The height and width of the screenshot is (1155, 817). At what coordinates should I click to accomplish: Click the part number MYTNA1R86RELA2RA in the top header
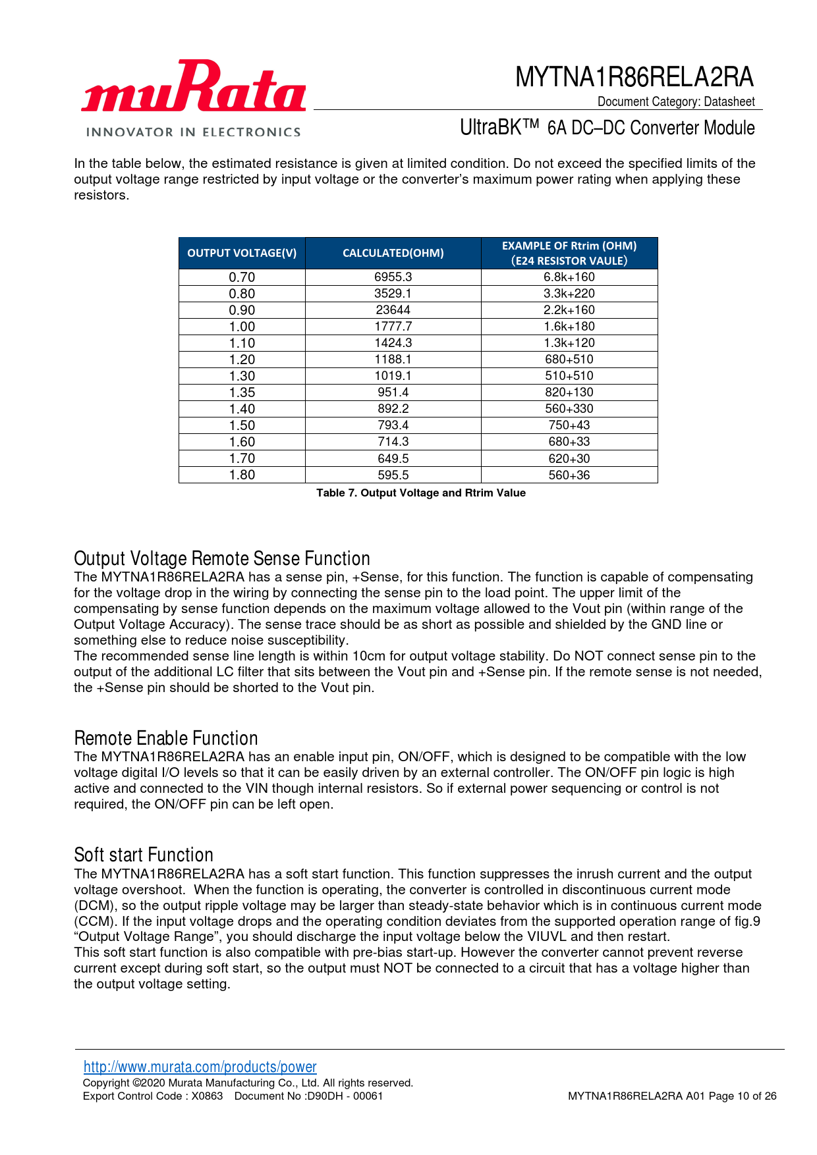click(x=634, y=77)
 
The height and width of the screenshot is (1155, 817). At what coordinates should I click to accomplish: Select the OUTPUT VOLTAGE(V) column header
click(x=242, y=254)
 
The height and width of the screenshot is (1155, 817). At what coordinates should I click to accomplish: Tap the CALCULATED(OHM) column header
click(x=393, y=254)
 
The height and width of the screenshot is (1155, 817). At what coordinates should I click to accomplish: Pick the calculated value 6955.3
click(x=393, y=277)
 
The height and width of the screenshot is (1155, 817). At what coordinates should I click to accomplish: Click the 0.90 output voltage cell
click(x=242, y=310)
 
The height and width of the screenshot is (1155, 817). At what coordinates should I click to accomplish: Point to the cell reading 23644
click(x=393, y=310)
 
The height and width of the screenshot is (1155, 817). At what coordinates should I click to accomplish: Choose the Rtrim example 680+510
click(x=569, y=360)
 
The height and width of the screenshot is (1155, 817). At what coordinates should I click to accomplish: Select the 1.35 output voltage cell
click(x=242, y=392)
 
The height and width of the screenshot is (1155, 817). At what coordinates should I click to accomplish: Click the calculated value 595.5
click(x=393, y=475)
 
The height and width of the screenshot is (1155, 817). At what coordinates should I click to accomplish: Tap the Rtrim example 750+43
click(x=569, y=425)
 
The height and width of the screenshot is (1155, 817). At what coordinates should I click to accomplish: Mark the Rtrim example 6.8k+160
click(x=569, y=277)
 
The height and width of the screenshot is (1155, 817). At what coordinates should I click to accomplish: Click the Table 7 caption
click(x=421, y=493)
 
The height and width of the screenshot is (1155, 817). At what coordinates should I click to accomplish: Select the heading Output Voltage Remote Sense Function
click(x=222, y=558)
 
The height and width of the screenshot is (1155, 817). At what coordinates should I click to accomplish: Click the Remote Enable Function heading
click(x=166, y=738)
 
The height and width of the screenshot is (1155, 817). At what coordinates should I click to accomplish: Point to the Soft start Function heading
click(x=144, y=855)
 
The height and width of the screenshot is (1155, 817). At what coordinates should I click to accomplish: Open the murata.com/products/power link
click(x=200, y=1067)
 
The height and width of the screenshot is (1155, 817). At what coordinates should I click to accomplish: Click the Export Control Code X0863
click(x=153, y=1096)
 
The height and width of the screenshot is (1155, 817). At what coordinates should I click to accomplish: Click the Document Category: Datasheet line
click(x=676, y=101)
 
